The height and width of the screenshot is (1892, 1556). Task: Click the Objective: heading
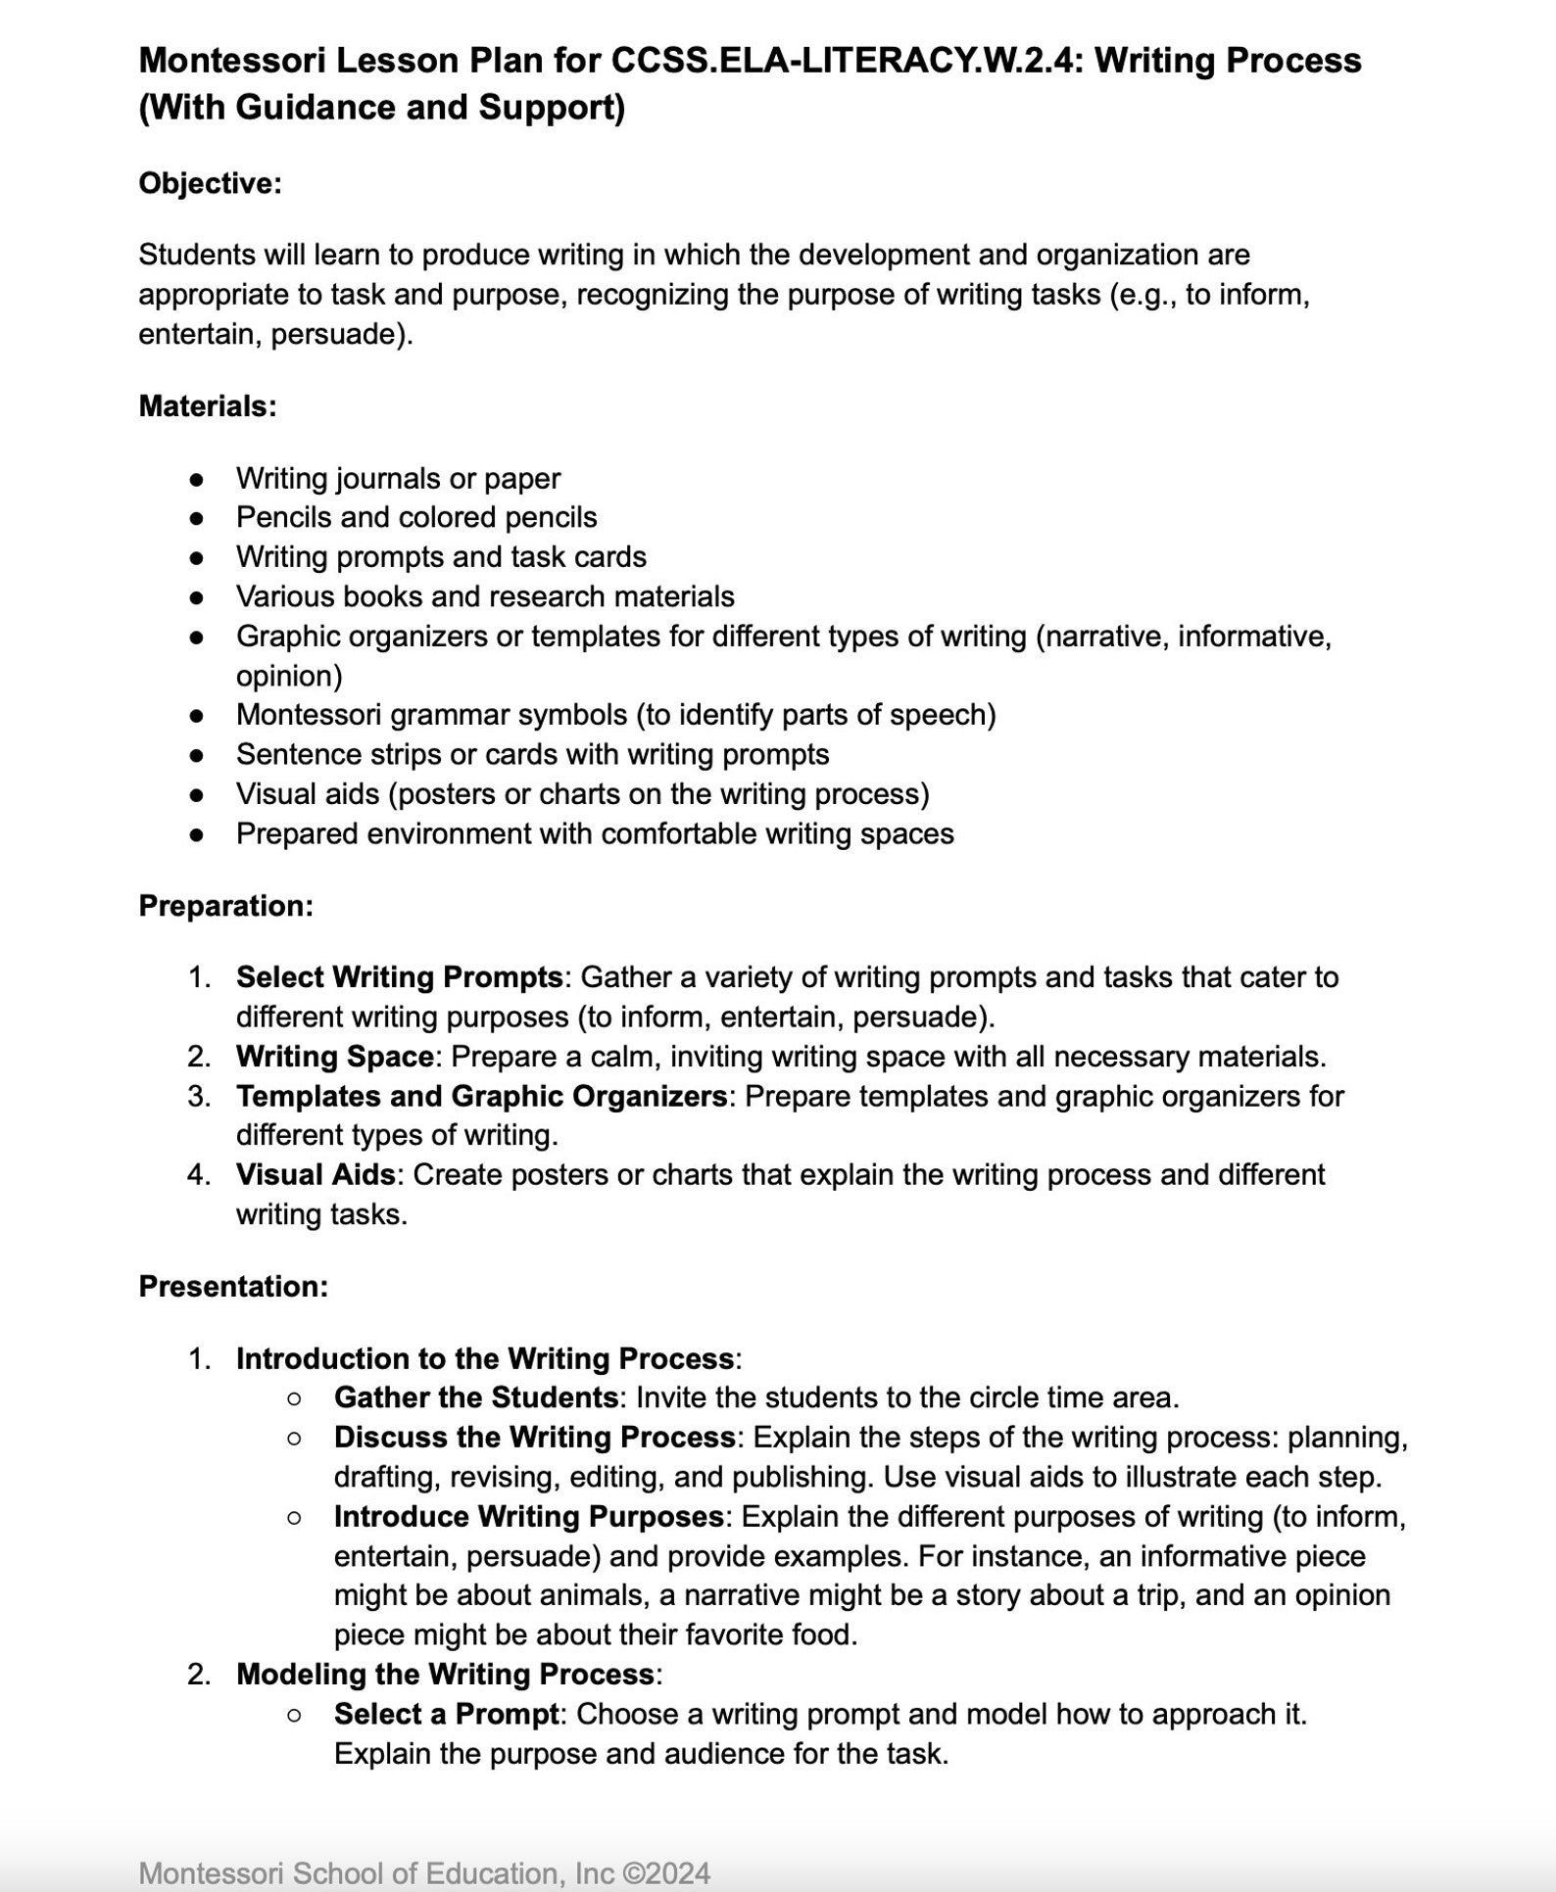click(210, 183)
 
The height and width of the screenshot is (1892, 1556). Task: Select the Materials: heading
click(208, 405)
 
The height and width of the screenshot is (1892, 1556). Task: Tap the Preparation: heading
click(225, 905)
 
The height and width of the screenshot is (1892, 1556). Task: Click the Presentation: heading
click(233, 1286)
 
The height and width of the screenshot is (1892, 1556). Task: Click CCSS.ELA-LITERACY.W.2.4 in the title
click(846, 61)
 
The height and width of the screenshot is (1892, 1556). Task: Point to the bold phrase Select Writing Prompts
click(399, 976)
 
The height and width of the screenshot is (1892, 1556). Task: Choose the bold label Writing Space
click(334, 1056)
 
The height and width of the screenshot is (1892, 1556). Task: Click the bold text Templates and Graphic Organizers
click(481, 1095)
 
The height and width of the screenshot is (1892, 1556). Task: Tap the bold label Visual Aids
click(316, 1174)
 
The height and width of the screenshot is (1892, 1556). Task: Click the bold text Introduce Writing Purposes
click(528, 1516)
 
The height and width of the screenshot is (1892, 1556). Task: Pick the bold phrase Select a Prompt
click(446, 1714)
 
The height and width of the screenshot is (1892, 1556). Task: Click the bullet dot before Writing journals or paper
click(197, 479)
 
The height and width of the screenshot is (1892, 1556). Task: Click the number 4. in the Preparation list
click(199, 1174)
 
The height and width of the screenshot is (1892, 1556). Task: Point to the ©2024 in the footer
click(666, 1872)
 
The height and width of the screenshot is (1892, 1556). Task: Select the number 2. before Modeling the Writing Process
click(199, 1674)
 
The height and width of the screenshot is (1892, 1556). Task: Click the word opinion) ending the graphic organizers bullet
click(289, 676)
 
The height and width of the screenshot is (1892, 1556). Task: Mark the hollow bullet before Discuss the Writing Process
click(294, 1438)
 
